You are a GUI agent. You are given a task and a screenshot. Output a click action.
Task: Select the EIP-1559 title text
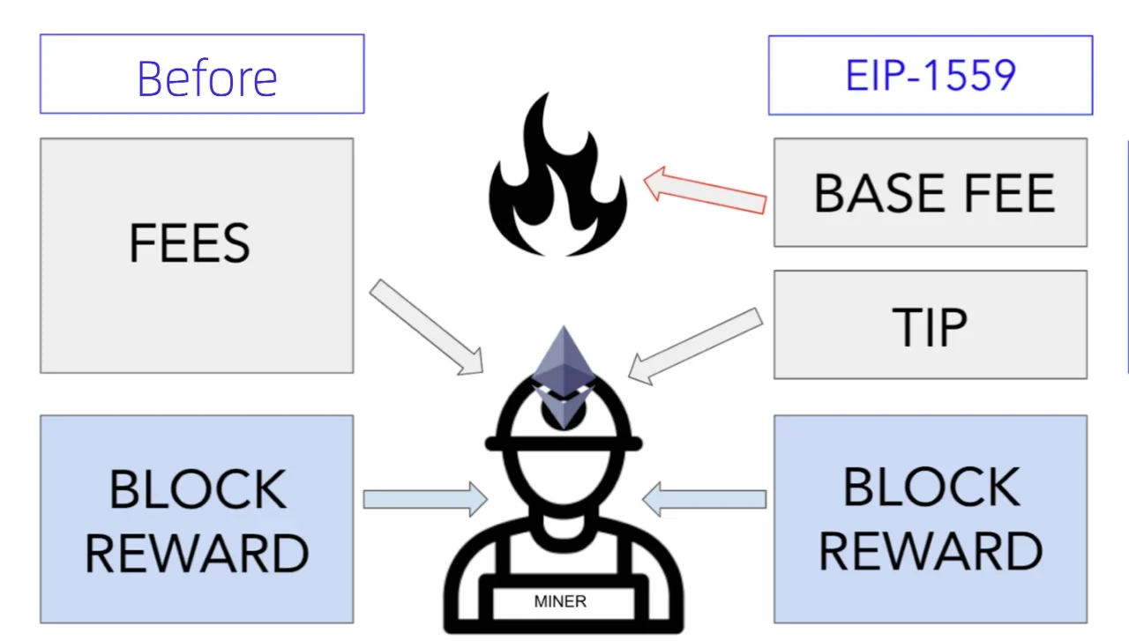point(931,75)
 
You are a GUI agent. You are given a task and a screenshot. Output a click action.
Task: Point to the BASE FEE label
point(934,193)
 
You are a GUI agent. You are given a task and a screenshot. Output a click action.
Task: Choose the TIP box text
point(930,327)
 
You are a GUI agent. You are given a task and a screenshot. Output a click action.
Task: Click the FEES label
point(190,243)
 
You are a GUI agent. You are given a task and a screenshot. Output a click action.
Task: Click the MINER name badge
point(560,602)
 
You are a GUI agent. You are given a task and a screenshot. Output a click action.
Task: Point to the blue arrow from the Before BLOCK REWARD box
point(424,499)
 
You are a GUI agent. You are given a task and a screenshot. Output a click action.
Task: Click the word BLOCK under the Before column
point(198,489)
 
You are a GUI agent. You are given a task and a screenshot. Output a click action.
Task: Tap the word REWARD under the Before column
point(197,554)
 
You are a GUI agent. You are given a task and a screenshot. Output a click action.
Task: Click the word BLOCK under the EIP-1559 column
point(931,487)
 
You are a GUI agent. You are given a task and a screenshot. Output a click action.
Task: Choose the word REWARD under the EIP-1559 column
point(931,551)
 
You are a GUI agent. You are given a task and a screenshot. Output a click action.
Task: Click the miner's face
point(562,481)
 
